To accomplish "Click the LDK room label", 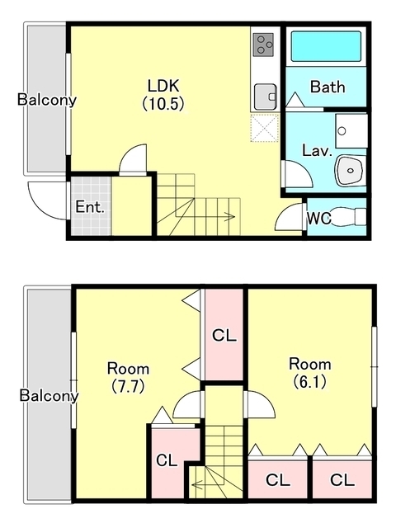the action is click(163, 86).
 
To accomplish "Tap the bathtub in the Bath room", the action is click(326, 46).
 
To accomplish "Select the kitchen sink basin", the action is click(266, 97).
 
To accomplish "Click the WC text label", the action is click(318, 219).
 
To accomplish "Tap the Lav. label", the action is click(317, 150).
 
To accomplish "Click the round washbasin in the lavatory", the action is click(351, 170).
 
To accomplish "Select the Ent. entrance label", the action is click(90, 207).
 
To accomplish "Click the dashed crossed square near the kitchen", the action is click(265, 128).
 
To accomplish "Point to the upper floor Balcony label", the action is click(47, 100).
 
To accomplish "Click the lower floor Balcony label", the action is click(49, 395).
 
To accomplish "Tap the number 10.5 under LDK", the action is click(163, 104).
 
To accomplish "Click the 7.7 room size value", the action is click(128, 386).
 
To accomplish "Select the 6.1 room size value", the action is click(310, 381).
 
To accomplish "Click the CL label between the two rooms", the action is click(224, 336).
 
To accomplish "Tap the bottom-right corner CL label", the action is click(342, 480).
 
